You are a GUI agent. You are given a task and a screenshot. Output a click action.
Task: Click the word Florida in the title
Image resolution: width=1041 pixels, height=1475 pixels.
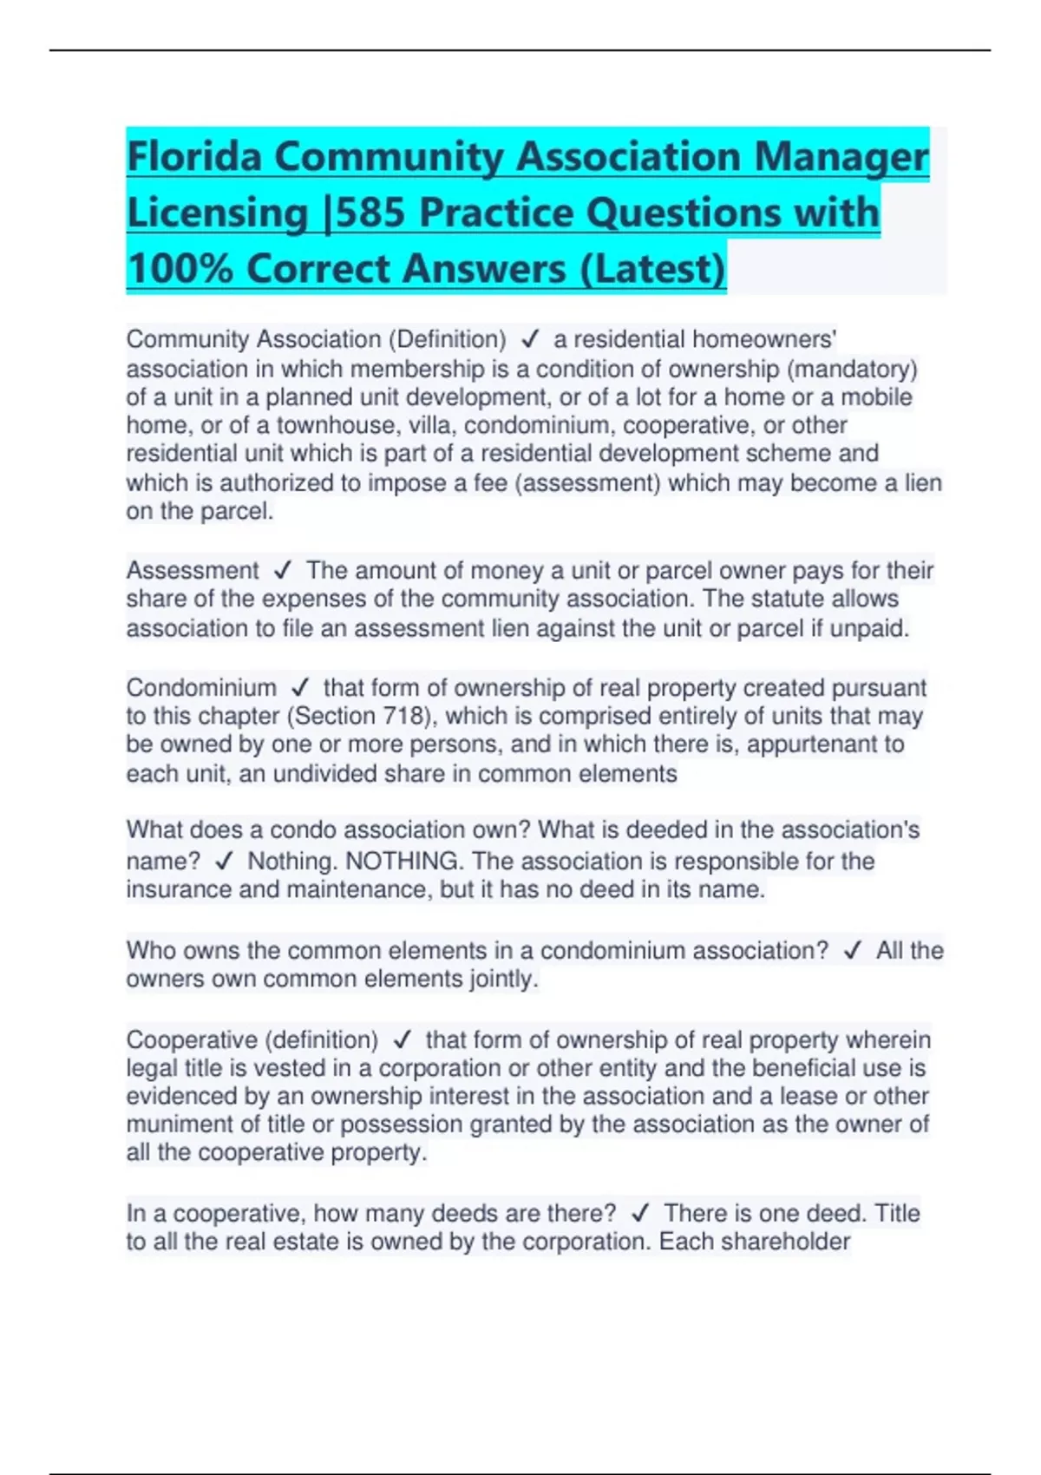[x=194, y=157]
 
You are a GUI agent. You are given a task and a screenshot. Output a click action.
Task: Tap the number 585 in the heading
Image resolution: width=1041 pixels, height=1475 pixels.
[x=370, y=213]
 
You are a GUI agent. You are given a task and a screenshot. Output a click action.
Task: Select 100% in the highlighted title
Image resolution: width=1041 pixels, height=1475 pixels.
[x=180, y=268]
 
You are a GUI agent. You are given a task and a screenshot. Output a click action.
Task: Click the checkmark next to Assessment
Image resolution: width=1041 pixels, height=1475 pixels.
[x=282, y=571]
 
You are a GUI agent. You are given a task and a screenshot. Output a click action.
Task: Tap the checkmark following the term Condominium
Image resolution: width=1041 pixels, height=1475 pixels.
[x=300, y=688]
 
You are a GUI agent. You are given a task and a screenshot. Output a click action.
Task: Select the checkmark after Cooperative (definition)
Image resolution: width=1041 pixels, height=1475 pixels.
[x=402, y=1039]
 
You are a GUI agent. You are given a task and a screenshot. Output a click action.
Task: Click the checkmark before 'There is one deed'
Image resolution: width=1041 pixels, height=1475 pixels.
[x=640, y=1213]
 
